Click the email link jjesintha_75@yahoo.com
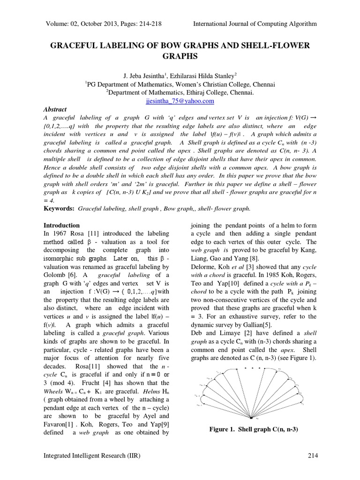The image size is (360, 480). coord(180,101)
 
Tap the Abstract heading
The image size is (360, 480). coord(55,109)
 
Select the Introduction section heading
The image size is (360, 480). coord(61,225)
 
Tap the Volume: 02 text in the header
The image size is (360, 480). coord(65,23)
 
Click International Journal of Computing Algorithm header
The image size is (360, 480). coord(255,23)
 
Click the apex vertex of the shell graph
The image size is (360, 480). coord(252,418)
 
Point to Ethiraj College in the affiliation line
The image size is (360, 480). coord(219,93)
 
